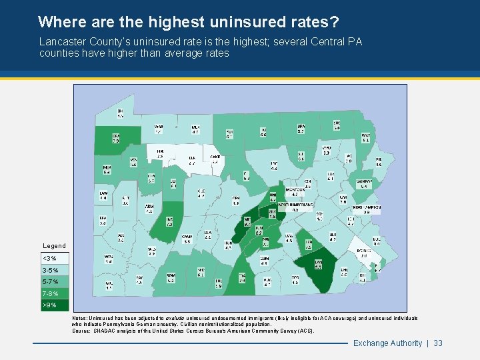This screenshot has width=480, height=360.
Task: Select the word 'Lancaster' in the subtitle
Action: (x=61, y=42)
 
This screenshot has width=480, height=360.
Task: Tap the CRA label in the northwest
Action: (x=115, y=137)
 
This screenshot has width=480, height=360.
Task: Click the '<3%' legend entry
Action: (x=50, y=258)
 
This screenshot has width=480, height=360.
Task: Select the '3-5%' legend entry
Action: (x=50, y=270)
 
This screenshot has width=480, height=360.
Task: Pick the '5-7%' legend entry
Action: (x=50, y=282)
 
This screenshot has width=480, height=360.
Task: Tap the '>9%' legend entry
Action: (x=50, y=305)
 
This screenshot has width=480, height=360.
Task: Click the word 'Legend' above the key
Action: (x=55, y=246)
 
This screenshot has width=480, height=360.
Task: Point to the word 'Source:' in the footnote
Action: (x=82, y=331)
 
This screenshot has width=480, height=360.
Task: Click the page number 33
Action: (x=438, y=343)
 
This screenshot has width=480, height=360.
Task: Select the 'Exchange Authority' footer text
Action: (x=387, y=343)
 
